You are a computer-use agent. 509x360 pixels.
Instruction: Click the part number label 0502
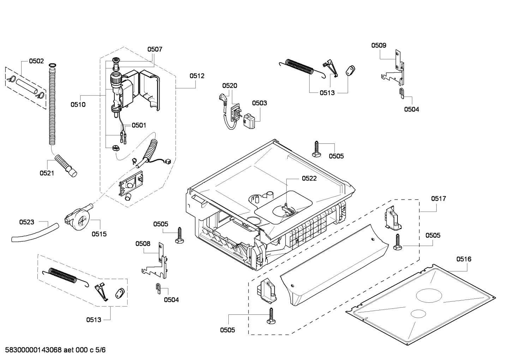point(36,61)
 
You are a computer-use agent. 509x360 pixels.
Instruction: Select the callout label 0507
point(155,49)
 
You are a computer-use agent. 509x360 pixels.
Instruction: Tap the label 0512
point(197,76)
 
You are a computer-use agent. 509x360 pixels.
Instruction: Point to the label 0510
point(78,105)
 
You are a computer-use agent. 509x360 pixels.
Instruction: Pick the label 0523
point(26,222)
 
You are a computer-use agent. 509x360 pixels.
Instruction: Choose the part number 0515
point(99,234)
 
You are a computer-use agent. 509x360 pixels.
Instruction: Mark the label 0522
point(309,178)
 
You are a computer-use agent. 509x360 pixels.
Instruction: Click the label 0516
point(463,259)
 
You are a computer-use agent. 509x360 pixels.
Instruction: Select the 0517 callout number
point(438,199)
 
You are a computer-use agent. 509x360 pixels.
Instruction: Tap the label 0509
point(378,45)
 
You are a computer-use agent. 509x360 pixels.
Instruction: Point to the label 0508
point(143,243)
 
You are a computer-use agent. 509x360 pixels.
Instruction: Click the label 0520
point(229,85)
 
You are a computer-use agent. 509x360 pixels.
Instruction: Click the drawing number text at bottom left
point(53,350)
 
